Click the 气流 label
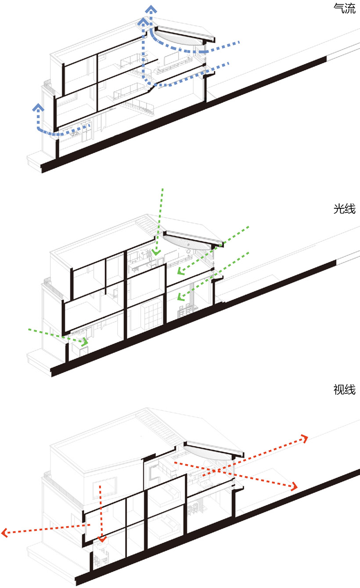[344, 8]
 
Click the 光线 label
[344, 209]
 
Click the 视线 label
[344, 390]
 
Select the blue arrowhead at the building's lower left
[38, 107]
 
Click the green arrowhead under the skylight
[156, 252]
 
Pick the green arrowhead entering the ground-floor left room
[85, 342]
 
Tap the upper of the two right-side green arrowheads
[181, 271]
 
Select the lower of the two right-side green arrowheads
[181, 297]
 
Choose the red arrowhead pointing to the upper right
[305, 438]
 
